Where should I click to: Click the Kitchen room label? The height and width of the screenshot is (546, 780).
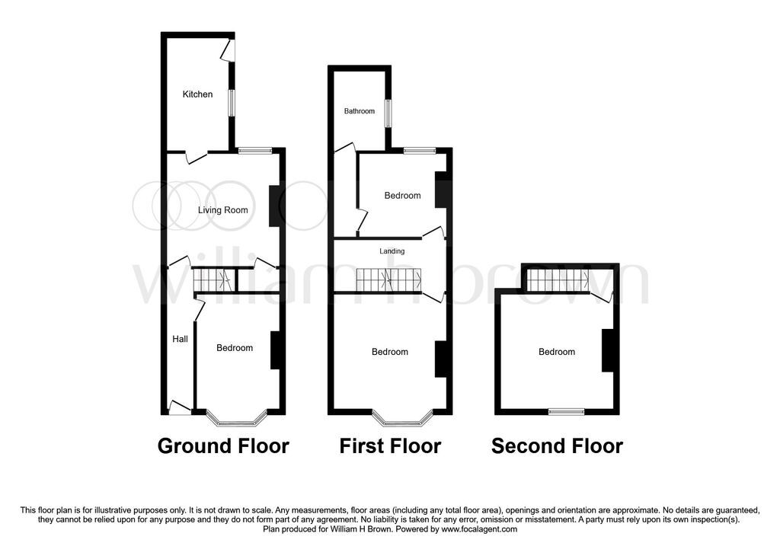[x=197, y=94]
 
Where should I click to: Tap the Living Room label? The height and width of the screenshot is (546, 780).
[x=223, y=210]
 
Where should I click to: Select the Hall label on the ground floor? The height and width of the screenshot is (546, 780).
[x=180, y=339]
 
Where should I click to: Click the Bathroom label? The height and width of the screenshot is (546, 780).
[x=360, y=111]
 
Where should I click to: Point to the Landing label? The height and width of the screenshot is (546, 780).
[x=392, y=251]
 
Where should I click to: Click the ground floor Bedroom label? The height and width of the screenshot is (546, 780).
[x=235, y=347]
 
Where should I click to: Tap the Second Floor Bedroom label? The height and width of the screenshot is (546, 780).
[x=557, y=352]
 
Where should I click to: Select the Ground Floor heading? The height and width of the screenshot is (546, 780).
[x=223, y=445]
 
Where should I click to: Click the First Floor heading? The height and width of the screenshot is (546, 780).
[x=390, y=445]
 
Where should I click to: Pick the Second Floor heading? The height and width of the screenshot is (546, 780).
[x=557, y=445]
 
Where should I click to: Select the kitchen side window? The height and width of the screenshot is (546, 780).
[x=232, y=103]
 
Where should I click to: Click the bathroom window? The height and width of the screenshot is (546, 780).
[x=388, y=113]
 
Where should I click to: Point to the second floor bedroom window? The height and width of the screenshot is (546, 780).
[x=566, y=411]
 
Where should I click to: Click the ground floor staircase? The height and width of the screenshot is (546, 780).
[x=213, y=280]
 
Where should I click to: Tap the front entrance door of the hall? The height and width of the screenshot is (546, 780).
[x=180, y=407]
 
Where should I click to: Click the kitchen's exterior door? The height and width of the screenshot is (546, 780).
[x=229, y=49]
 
